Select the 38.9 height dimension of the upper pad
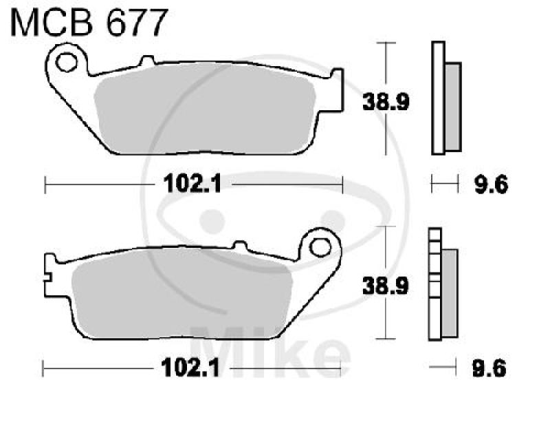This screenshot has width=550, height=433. click(387, 103)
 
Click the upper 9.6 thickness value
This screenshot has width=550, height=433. click(490, 184)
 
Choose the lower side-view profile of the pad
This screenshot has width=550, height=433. click(441, 284)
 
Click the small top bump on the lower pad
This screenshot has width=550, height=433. click(239, 244)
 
